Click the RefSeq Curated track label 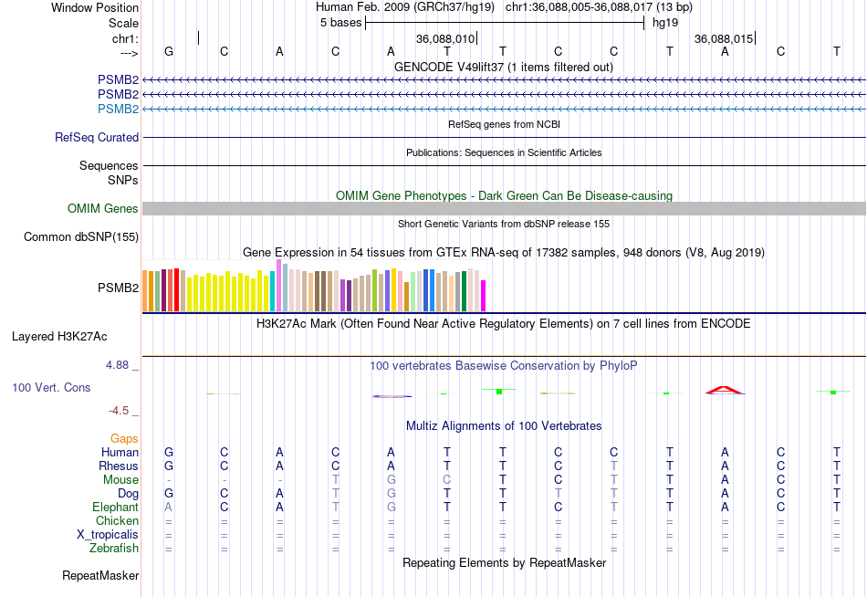click(x=97, y=138)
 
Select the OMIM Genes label click(x=103, y=209)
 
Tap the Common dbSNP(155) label click(x=81, y=237)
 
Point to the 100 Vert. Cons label click(x=51, y=388)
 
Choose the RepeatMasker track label click(x=100, y=576)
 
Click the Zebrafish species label click(x=114, y=549)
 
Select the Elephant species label click(x=115, y=508)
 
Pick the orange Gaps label click(x=124, y=439)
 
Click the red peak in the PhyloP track click(x=725, y=390)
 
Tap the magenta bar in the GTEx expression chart click(x=484, y=296)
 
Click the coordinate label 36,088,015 click(x=724, y=39)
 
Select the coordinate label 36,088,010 click(x=445, y=39)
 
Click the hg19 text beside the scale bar click(x=663, y=23)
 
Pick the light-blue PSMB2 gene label click(x=119, y=110)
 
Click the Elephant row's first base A click(x=168, y=508)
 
